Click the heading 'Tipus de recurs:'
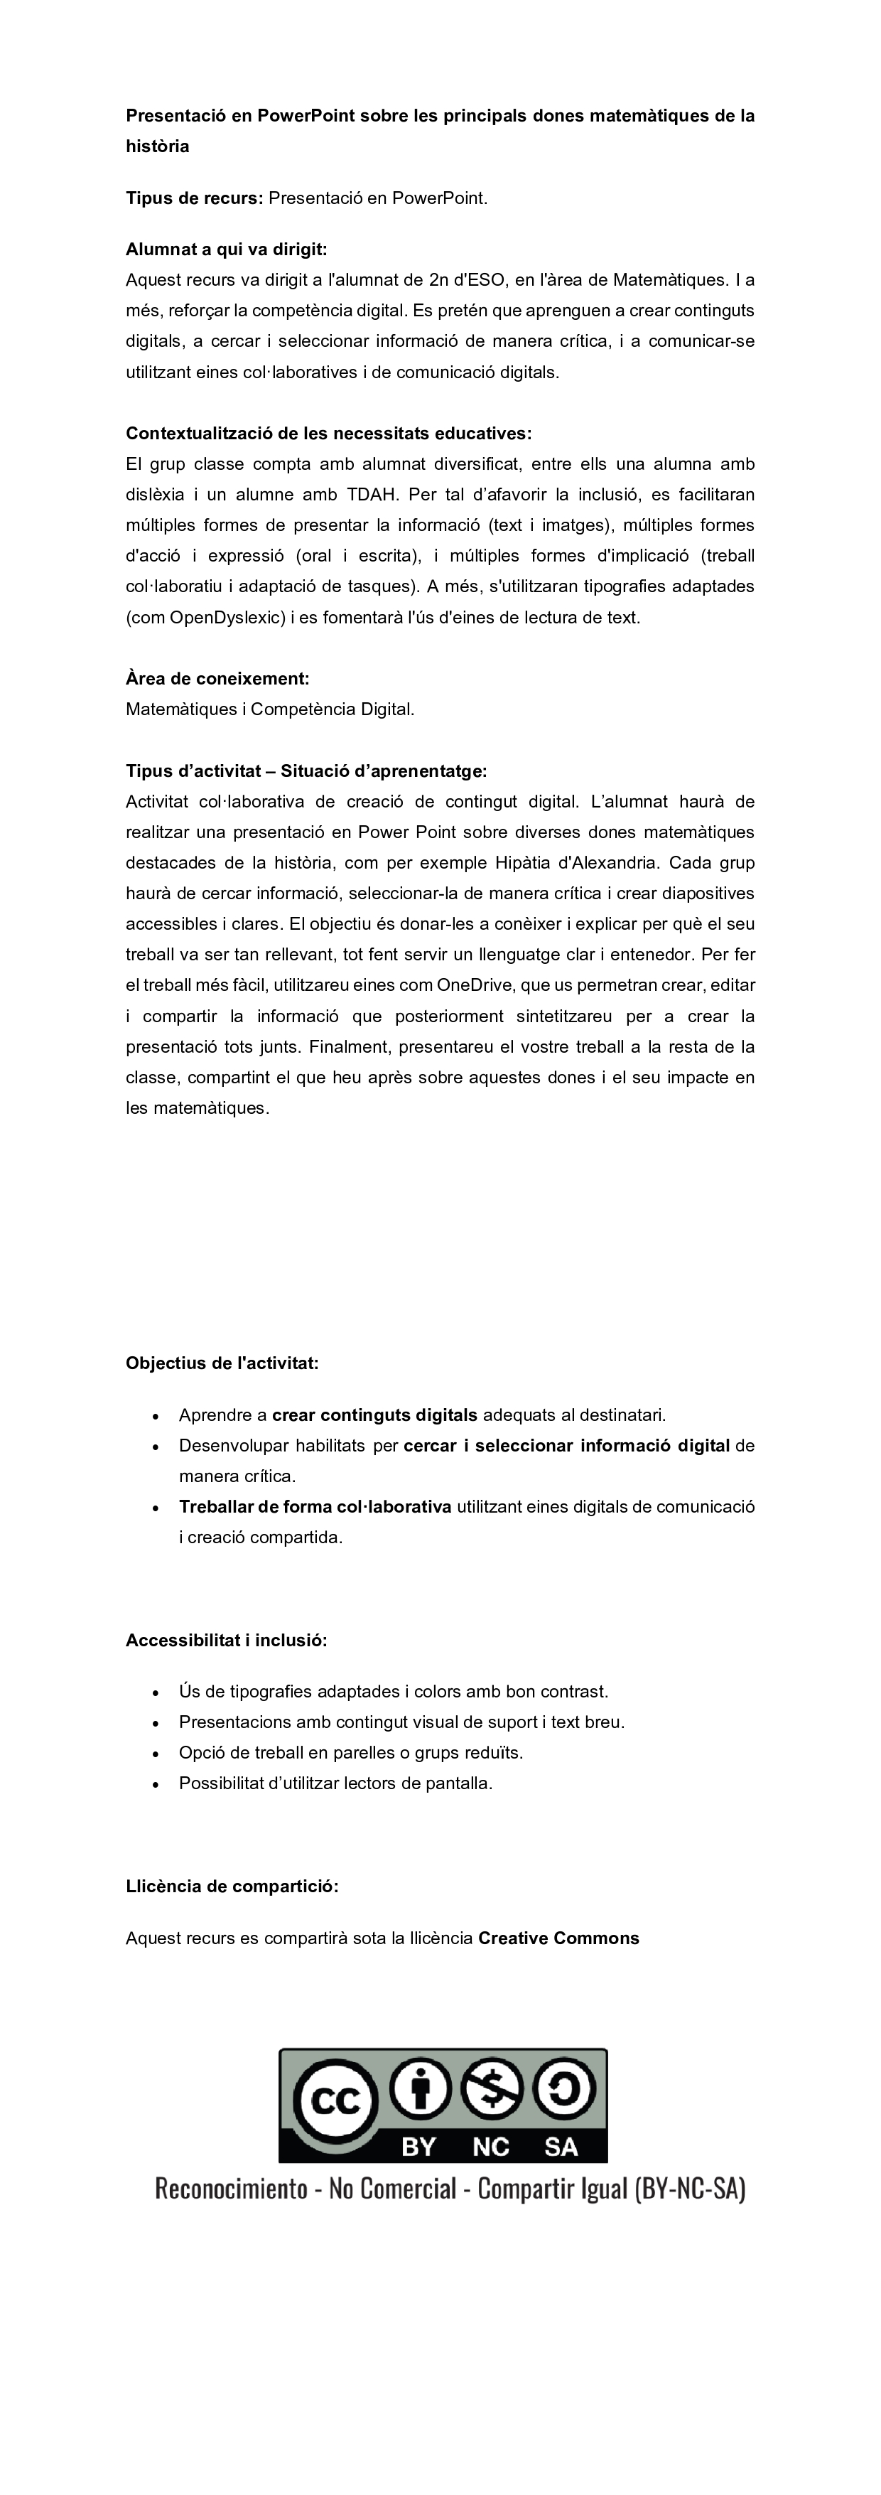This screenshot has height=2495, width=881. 194,198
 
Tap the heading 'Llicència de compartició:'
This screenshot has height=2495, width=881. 232,1887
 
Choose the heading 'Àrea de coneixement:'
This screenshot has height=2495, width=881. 218,679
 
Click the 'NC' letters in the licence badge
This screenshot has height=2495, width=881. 491,2147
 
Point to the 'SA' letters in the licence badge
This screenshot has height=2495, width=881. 561,2147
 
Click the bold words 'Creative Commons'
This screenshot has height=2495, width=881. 558,1938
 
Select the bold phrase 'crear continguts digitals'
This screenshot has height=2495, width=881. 374,1415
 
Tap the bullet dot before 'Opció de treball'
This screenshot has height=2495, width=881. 156,1753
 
